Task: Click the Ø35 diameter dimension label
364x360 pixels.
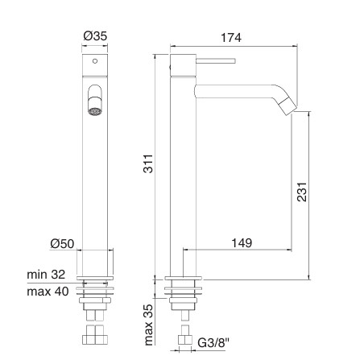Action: (95, 35)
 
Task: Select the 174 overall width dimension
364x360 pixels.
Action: (231, 38)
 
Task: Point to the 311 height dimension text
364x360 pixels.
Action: (148, 163)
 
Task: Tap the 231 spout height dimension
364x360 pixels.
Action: (302, 192)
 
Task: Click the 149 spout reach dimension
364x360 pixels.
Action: (242, 243)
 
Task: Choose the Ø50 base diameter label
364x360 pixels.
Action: (62, 244)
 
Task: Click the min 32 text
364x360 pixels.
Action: (46, 275)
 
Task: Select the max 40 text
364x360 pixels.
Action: (48, 292)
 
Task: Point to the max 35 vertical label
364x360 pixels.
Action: (148, 325)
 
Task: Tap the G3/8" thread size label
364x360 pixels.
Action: (213, 342)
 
